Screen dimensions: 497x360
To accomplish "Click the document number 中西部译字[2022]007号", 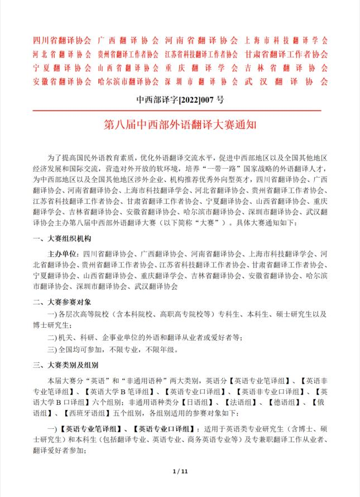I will (180, 101).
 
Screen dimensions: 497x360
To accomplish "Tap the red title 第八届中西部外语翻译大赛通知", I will (180, 123).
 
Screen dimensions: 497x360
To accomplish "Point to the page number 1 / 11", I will (180, 472).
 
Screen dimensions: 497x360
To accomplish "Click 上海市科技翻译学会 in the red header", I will (286, 41).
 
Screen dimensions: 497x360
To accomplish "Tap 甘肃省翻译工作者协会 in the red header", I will (286, 54).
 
